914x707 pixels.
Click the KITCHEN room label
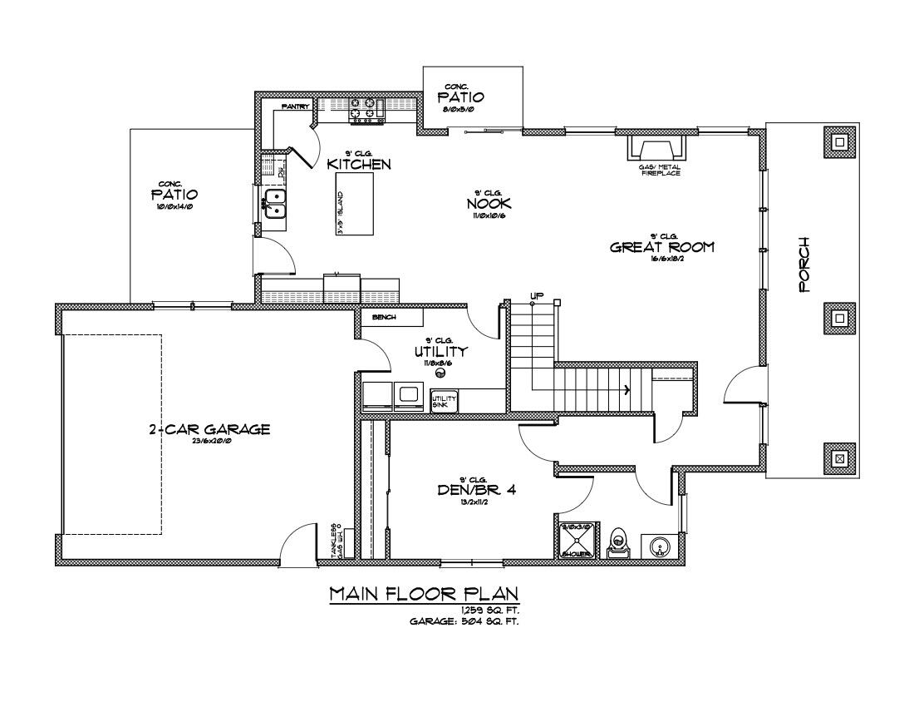point(359,164)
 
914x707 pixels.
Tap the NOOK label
point(489,203)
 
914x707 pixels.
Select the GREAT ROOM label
point(661,247)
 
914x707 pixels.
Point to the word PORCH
point(804,265)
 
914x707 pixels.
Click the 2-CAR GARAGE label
point(209,429)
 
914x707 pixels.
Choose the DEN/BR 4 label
point(477,490)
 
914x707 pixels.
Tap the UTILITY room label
point(440,352)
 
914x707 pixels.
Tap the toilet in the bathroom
point(619,543)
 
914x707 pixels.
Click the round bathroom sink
point(658,546)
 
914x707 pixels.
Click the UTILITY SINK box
point(444,400)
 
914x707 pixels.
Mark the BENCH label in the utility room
point(384,318)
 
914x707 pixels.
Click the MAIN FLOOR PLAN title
point(424,593)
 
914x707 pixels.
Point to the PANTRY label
point(296,106)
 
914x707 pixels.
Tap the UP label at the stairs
point(537,295)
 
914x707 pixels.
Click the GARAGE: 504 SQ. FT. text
point(464,621)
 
